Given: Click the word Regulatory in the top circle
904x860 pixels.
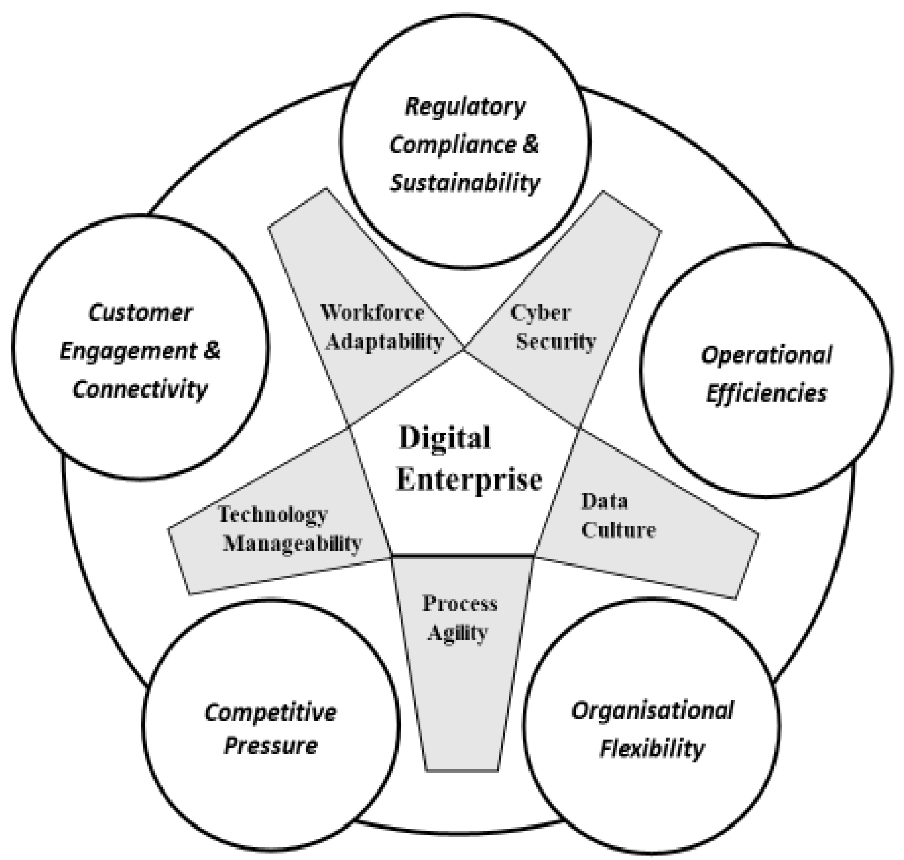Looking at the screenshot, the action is pyautogui.click(x=465, y=107).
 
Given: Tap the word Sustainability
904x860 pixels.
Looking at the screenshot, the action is pyautogui.click(x=465, y=183).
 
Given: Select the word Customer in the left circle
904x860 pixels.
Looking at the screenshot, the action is pyautogui.click(x=140, y=313).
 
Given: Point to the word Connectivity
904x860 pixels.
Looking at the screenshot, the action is pyautogui.click(x=140, y=390).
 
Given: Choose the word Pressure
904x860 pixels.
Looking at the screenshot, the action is pyautogui.click(x=270, y=746).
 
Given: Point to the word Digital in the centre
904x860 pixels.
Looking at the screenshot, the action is pyautogui.click(x=444, y=438).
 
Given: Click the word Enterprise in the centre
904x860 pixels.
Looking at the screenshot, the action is pyautogui.click(x=469, y=480).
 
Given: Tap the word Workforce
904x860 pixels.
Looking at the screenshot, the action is pyautogui.click(x=372, y=313).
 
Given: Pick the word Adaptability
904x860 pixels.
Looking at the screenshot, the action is pyautogui.click(x=384, y=342).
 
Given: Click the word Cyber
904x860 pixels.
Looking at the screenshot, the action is pyautogui.click(x=541, y=313).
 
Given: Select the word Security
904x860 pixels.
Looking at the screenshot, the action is pyautogui.click(x=556, y=342).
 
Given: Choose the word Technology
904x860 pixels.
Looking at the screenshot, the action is pyautogui.click(x=273, y=514).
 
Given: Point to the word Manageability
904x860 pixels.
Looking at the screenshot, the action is pyautogui.click(x=292, y=544).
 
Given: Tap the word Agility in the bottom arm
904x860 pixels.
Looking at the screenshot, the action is pyautogui.click(x=457, y=634).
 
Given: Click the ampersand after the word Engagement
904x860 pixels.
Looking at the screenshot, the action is pyautogui.click(x=211, y=351).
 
